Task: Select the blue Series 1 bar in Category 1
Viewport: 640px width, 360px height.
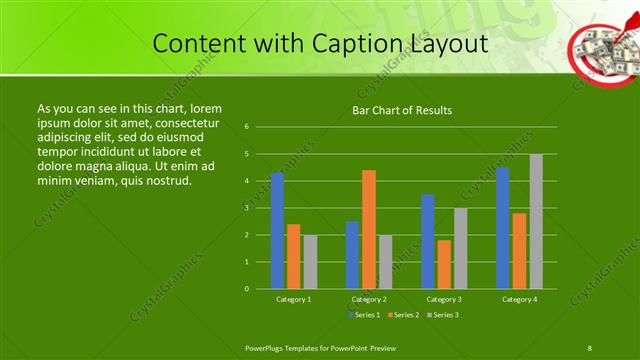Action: (x=277, y=230)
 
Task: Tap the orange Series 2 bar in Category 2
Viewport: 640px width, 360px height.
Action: (x=369, y=229)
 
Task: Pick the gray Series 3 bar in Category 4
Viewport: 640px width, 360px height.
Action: (x=536, y=221)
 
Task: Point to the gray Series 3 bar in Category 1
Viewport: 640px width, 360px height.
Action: (x=310, y=262)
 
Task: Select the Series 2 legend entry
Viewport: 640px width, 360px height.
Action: (x=404, y=315)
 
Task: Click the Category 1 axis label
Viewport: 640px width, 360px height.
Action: (x=294, y=299)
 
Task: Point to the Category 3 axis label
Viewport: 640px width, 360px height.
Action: (x=444, y=299)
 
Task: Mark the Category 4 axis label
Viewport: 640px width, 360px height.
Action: (x=519, y=299)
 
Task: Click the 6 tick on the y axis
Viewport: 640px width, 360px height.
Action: (x=246, y=127)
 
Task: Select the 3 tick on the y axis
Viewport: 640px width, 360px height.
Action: (x=246, y=208)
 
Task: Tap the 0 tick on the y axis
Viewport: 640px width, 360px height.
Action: (x=246, y=289)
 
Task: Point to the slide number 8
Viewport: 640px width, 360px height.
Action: (x=590, y=347)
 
